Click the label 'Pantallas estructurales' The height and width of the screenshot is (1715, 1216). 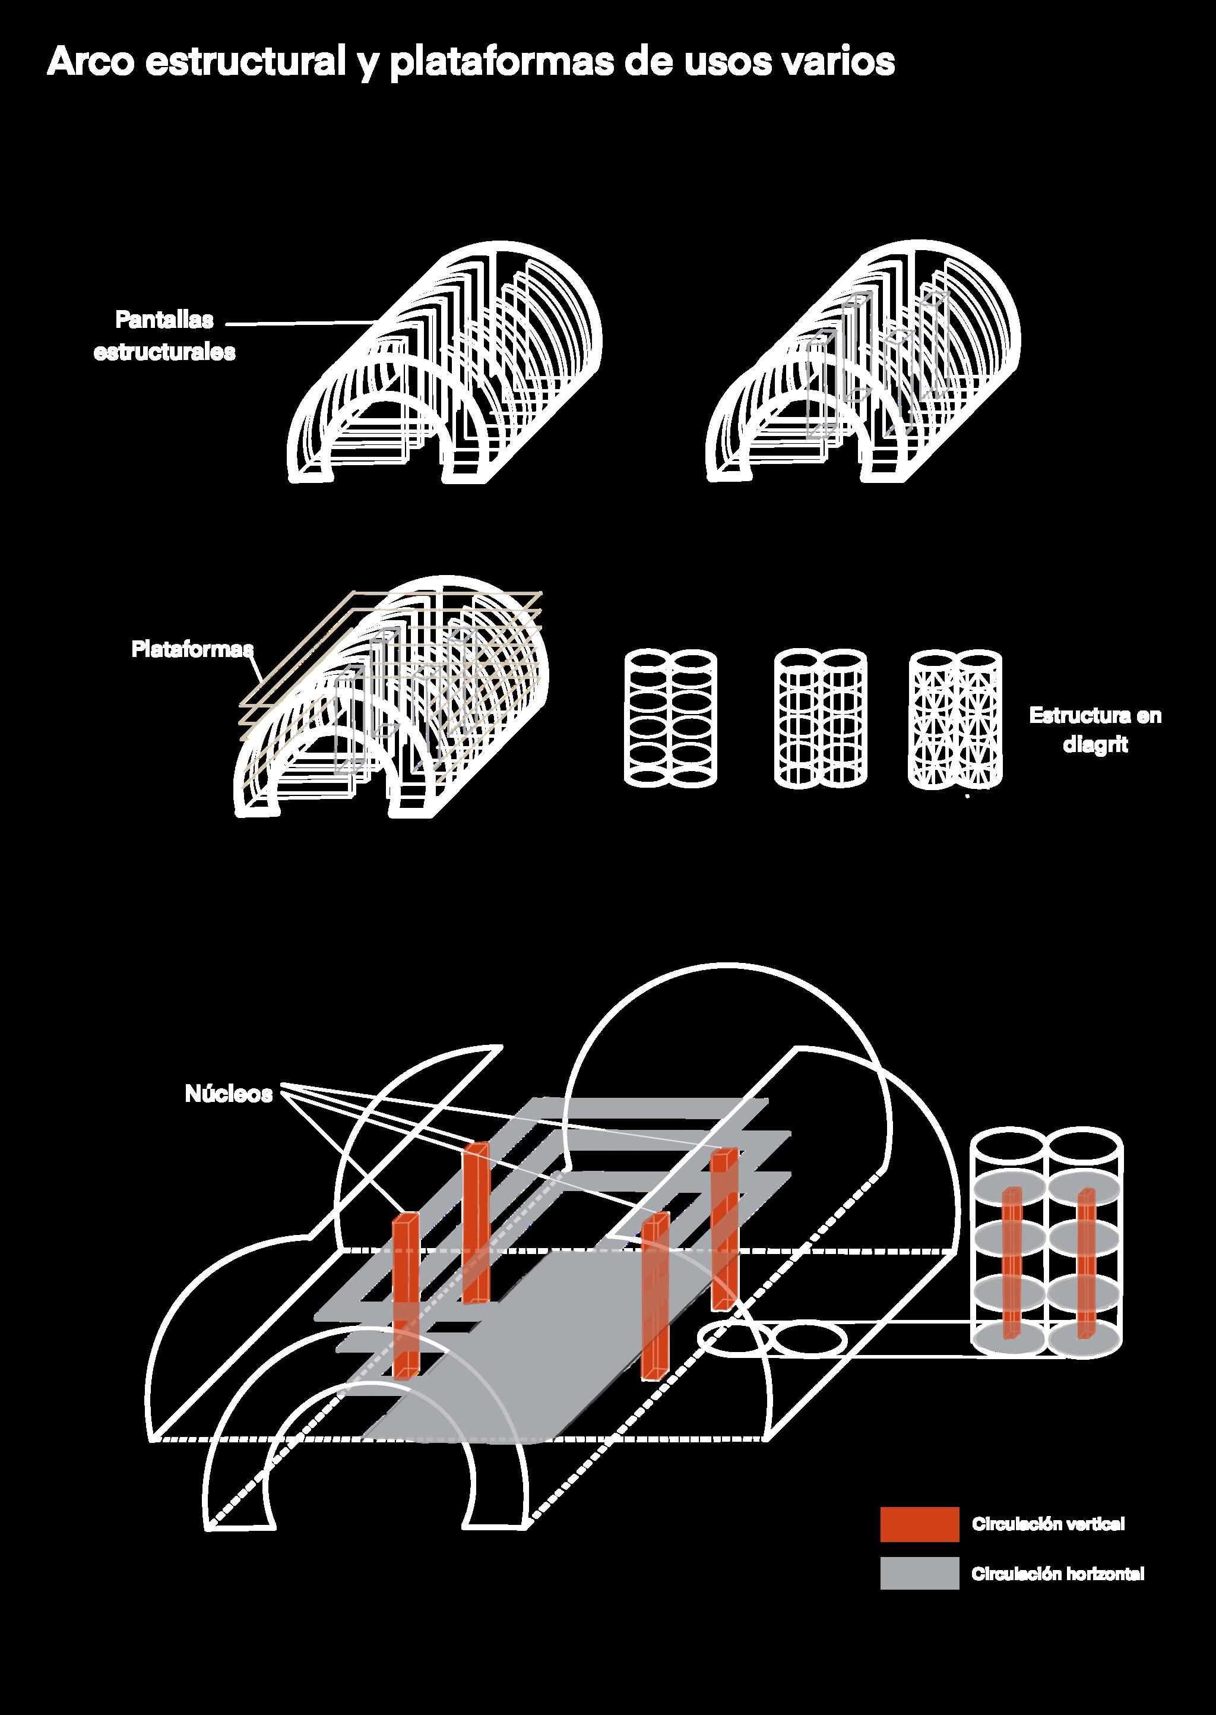[x=164, y=336]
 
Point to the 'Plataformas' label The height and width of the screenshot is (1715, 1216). [x=192, y=649]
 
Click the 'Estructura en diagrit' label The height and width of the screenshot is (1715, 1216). [x=1095, y=729]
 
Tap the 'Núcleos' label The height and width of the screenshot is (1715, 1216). [x=229, y=1094]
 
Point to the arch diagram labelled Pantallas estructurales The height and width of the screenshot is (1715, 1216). [x=445, y=367]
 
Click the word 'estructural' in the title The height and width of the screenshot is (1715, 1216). [x=243, y=63]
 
